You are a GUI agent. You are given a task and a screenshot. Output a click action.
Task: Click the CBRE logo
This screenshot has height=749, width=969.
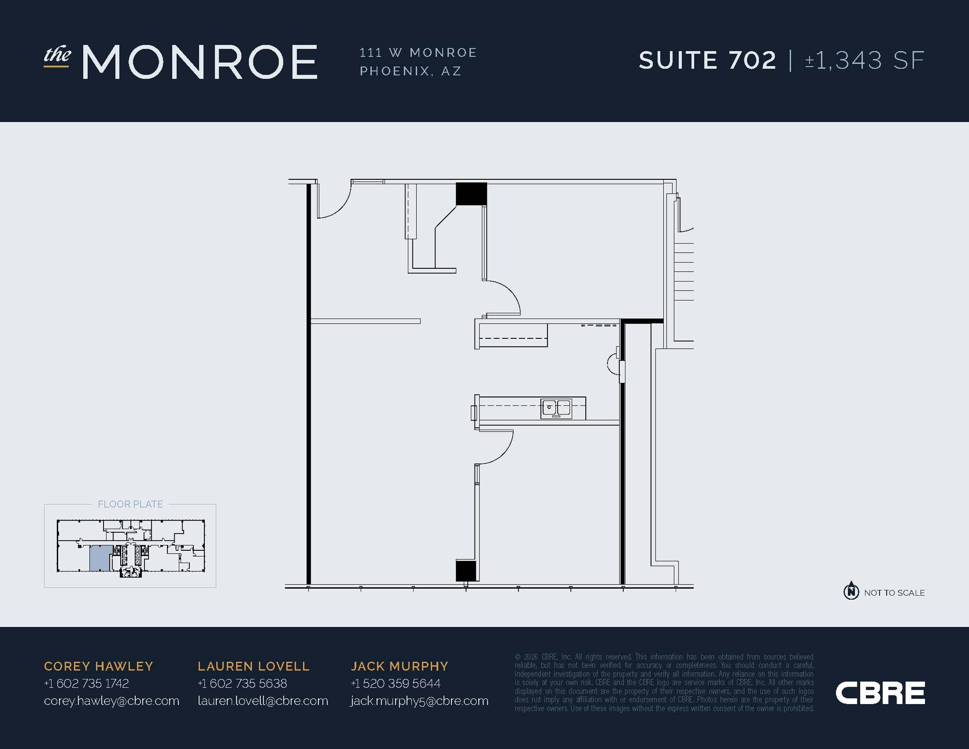(x=880, y=693)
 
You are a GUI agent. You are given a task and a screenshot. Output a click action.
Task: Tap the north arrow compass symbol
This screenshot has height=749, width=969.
(x=851, y=590)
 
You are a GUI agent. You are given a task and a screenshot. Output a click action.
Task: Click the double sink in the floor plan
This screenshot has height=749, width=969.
(x=556, y=408)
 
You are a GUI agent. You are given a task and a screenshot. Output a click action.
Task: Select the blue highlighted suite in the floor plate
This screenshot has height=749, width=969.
(x=101, y=558)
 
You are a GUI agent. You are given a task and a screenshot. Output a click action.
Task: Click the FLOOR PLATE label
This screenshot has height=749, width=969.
(x=130, y=504)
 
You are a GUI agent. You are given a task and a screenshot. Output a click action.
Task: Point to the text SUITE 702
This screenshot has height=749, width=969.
(x=707, y=61)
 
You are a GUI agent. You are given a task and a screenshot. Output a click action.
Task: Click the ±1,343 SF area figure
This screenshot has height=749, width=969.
(x=864, y=61)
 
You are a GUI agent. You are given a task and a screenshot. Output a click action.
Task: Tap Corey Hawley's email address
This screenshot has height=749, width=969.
(x=112, y=701)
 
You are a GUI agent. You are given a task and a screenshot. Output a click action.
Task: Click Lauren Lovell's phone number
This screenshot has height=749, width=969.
(x=242, y=683)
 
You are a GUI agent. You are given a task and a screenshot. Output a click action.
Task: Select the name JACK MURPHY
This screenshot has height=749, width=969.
(x=399, y=666)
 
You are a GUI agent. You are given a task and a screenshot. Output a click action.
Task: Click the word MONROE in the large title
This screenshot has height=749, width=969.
(x=200, y=62)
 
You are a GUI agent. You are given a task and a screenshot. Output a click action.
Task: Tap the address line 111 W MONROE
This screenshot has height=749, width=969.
(x=418, y=53)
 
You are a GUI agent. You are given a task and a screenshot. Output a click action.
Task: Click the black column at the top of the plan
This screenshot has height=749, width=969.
(x=471, y=194)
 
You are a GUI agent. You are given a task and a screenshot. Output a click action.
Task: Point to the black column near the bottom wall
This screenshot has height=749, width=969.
(x=466, y=571)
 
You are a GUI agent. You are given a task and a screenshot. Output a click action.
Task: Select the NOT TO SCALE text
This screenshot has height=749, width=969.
(x=894, y=593)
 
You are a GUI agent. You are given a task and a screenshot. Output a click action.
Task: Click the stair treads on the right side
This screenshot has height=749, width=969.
(x=683, y=272)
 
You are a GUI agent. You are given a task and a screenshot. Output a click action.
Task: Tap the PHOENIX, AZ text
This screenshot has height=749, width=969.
(x=410, y=71)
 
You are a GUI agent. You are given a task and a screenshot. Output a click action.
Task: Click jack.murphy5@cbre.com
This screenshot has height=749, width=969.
(x=419, y=701)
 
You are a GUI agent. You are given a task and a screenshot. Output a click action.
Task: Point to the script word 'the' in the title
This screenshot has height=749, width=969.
(x=57, y=55)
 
